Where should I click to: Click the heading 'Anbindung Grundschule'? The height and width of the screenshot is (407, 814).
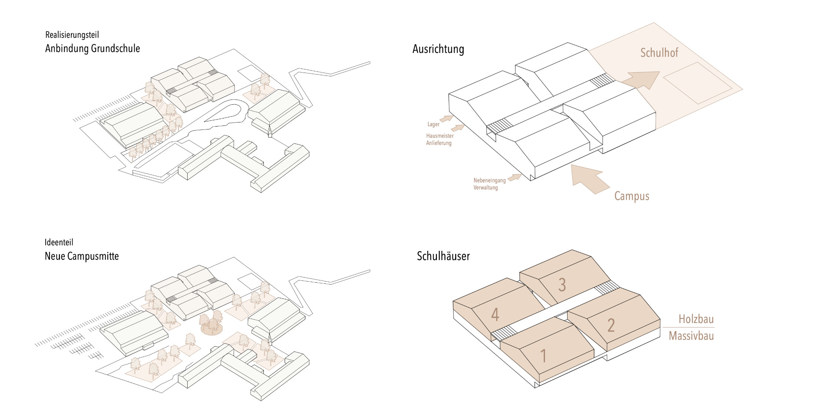coord(92,48)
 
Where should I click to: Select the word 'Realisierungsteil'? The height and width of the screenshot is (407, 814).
coord(72,35)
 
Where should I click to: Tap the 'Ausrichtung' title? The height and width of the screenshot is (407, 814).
coord(438,49)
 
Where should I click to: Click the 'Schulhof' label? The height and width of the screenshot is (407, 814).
coord(659,53)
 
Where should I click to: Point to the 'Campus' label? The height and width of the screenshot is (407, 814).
coord(632,196)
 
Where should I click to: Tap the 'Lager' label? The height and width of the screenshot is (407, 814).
coord(433,124)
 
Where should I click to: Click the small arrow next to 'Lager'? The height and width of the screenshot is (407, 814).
coord(447,118)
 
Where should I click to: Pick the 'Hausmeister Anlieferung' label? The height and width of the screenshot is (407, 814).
coord(440,139)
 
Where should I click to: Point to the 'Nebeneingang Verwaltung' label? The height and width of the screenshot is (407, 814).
coord(489,184)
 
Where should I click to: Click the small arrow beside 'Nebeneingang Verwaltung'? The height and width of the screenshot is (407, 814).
coord(514,178)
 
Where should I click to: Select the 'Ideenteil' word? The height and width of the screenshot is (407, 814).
coord(59,242)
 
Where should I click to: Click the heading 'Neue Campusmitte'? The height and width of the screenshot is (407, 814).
coord(82,256)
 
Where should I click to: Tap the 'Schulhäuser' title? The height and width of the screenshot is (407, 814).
coord(443,256)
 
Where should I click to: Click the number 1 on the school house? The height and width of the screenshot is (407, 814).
coord(543,356)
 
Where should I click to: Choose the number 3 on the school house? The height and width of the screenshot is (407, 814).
coord(562,285)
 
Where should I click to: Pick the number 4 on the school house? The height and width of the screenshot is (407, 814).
coord(495,314)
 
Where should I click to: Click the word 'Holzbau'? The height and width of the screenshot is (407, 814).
coord(696,319)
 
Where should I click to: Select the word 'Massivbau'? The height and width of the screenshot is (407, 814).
coord(691,336)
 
